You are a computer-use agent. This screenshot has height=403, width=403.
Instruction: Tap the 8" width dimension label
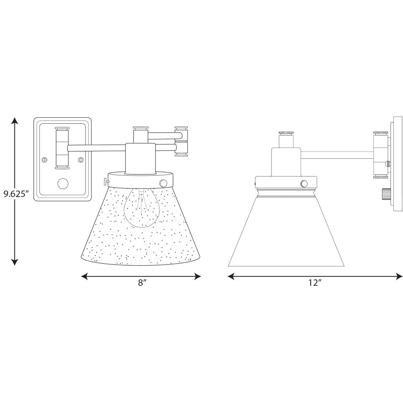point(142,283)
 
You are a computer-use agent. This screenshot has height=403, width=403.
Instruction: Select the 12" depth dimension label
point(315,283)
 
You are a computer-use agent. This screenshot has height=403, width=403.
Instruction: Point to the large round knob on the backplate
point(63,184)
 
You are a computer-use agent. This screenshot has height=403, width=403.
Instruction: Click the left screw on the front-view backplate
point(45,160)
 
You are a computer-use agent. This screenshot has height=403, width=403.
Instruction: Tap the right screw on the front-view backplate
point(81,160)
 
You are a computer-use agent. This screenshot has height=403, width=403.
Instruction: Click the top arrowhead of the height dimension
point(15,121)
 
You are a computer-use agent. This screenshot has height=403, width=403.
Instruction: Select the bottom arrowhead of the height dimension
point(15,262)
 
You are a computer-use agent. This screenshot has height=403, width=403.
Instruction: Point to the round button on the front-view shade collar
point(163,183)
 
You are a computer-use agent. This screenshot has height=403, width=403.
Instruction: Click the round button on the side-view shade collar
point(303,184)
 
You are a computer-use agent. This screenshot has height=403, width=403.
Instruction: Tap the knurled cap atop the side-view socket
point(286,133)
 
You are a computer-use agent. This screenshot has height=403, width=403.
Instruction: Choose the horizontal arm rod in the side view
point(337,155)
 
